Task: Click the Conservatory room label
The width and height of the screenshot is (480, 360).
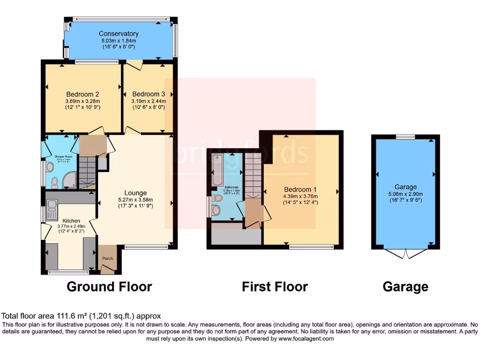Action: point(119,34)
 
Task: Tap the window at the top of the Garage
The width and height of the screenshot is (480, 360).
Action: point(405,137)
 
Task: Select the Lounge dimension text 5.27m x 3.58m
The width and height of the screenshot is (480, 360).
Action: point(135,200)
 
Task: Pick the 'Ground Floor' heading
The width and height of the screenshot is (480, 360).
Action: point(109,286)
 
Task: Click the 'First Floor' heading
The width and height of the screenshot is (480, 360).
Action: point(275,286)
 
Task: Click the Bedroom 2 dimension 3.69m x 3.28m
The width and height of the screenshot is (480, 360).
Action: point(83,100)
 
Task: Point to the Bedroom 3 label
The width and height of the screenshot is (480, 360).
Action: point(149,93)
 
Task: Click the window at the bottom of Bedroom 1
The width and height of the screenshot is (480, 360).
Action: point(311,247)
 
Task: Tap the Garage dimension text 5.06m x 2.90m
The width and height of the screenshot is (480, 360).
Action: point(405,195)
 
